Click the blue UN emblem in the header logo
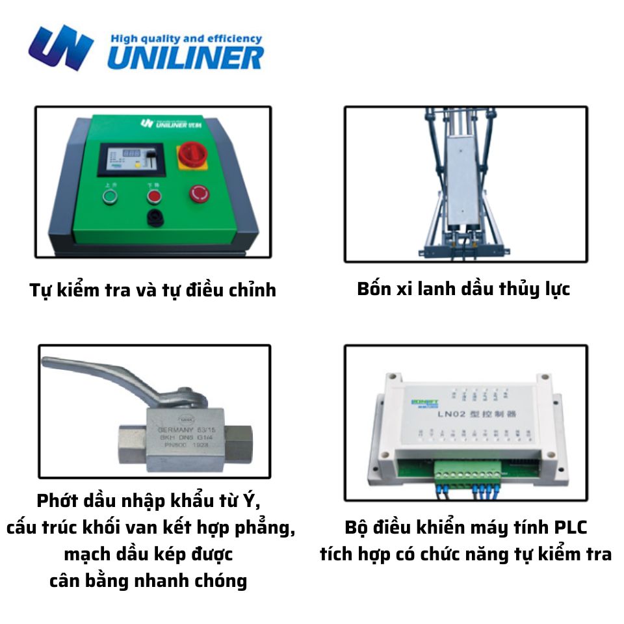(61, 47)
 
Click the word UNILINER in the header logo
(185, 57)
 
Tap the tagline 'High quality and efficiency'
(186, 38)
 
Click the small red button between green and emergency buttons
(154, 194)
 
